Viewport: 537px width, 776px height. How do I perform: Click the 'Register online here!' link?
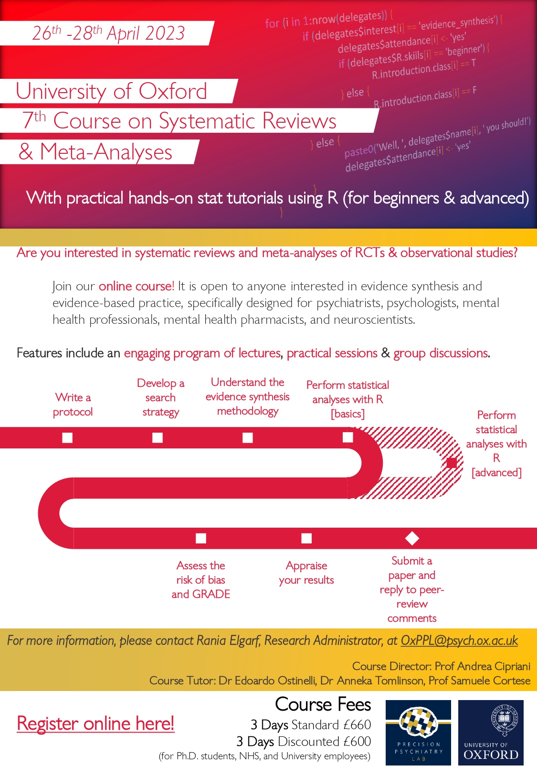pyautogui.click(x=95, y=723)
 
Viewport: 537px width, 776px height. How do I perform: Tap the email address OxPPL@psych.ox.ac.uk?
pyautogui.click(x=459, y=640)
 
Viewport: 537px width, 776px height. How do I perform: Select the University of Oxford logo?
pyautogui.click(x=491, y=733)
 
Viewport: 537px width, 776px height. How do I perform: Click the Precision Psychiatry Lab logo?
pyautogui.click(x=418, y=733)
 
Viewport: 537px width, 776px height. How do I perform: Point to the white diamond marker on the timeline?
pyautogui.click(x=412, y=538)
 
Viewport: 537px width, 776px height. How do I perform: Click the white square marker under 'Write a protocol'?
pyautogui.click(x=67, y=437)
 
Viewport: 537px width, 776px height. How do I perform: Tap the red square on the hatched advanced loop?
pyautogui.click(x=452, y=462)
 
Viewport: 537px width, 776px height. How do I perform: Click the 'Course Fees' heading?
pyautogui.click(x=323, y=704)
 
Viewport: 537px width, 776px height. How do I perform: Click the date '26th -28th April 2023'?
pyautogui.click(x=108, y=33)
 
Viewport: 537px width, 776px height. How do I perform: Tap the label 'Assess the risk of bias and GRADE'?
pyautogui.click(x=201, y=580)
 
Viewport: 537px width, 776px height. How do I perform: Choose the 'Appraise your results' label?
pyautogui.click(x=306, y=573)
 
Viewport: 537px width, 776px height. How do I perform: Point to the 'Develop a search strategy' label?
pyautogui.click(x=160, y=397)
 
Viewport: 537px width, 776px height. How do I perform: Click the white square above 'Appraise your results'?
pyautogui.click(x=306, y=538)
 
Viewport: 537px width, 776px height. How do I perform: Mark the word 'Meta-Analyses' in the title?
pyautogui.click(x=106, y=152)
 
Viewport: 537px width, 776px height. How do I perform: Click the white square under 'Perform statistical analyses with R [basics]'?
pyautogui.click(x=348, y=437)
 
